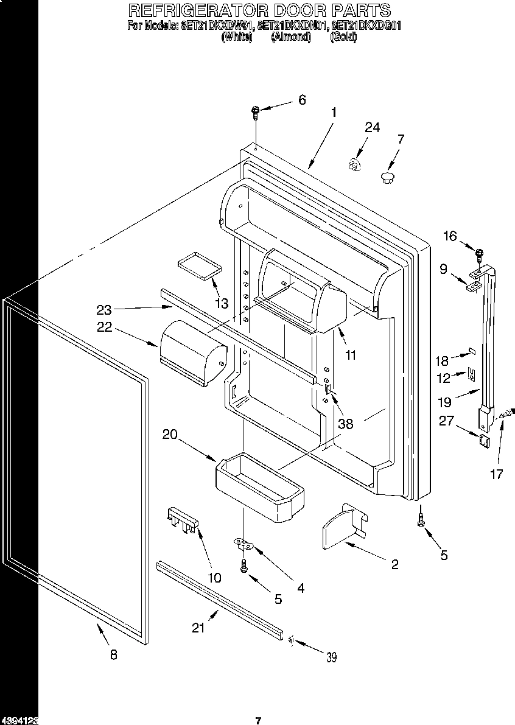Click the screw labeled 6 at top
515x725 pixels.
point(256,111)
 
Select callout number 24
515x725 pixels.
point(372,127)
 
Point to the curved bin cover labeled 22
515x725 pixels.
point(192,352)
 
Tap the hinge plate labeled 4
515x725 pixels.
point(244,543)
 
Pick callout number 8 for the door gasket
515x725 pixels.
point(113,655)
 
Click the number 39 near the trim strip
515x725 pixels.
point(331,657)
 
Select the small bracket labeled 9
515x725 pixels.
point(475,282)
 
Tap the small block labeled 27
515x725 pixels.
point(485,441)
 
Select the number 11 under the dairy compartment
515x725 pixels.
point(351,355)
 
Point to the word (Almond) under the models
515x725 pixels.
point(291,37)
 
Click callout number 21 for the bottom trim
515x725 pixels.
point(198,628)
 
